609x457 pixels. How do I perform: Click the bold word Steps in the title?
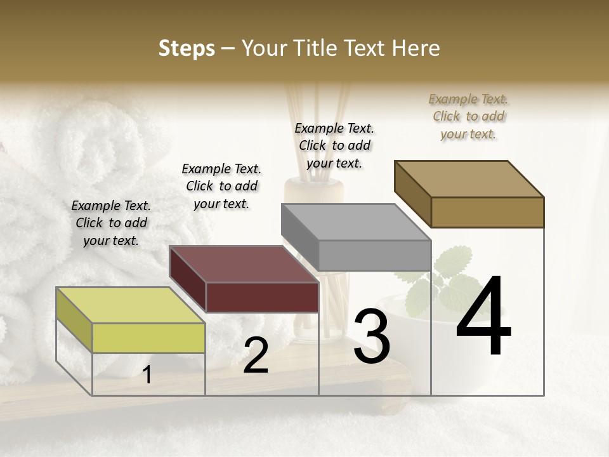point(187,49)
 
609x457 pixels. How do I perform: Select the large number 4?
point(483,317)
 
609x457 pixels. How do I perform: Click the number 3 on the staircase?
point(372,336)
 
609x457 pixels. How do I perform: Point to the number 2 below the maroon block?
point(256,355)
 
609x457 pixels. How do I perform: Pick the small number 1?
point(147,375)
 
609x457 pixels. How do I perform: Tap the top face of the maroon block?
point(244,264)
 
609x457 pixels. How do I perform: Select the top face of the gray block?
point(356,222)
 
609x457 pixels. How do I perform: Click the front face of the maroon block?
point(262,297)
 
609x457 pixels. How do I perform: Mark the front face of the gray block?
point(374,255)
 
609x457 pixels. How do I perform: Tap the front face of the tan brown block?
point(487,212)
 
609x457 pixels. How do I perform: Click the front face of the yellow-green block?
point(148,338)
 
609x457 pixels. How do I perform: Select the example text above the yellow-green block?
point(111,223)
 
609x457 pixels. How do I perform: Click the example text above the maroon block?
point(221,186)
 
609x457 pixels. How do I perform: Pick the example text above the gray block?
point(334,145)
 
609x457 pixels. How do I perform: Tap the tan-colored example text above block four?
point(468,116)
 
